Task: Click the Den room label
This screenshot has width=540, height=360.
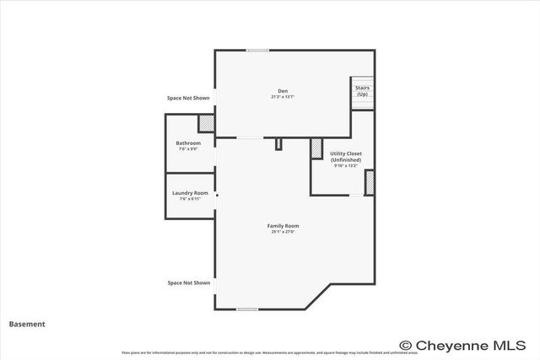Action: pyautogui.click(x=283, y=91)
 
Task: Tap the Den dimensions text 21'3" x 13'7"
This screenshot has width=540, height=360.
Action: pyautogui.click(x=283, y=97)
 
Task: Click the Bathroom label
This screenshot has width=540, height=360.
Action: pyautogui.click(x=188, y=143)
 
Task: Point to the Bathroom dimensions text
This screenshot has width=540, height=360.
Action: pyautogui.click(x=188, y=149)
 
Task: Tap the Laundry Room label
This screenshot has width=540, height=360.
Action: pyautogui.click(x=190, y=193)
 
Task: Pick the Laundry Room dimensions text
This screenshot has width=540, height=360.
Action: pyautogui.click(x=190, y=199)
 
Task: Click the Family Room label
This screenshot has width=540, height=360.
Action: pyautogui.click(x=283, y=226)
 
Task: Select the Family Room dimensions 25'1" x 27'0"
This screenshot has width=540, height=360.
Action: pyautogui.click(x=283, y=232)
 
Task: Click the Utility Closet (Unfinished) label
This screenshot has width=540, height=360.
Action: pyautogui.click(x=346, y=157)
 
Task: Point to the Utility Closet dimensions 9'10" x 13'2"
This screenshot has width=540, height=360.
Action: pyautogui.click(x=346, y=166)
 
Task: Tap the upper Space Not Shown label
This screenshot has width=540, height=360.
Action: pyautogui.click(x=189, y=98)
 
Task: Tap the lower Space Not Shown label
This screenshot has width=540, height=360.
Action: pyautogui.click(x=189, y=283)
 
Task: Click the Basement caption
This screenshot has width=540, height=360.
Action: pyautogui.click(x=27, y=324)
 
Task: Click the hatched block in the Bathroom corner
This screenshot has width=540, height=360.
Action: pyautogui.click(x=206, y=124)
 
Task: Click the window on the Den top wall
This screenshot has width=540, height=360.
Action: pyautogui.click(x=257, y=51)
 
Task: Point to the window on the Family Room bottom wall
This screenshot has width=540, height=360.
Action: pyautogui.click(x=246, y=309)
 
